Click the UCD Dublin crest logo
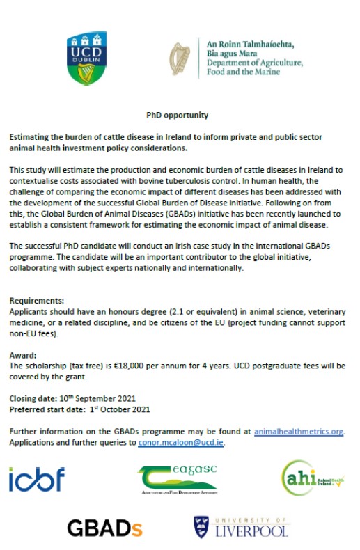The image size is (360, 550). [x=86, y=58]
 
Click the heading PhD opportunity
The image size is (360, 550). [x=177, y=115]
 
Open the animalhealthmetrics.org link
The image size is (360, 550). [x=299, y=432]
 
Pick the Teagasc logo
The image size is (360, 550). [x=178, y=479]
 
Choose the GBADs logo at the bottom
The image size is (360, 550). [x=104, y=528]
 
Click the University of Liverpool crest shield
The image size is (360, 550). [x=201, y=527]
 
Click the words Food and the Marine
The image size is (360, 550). [x=231, y=72]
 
